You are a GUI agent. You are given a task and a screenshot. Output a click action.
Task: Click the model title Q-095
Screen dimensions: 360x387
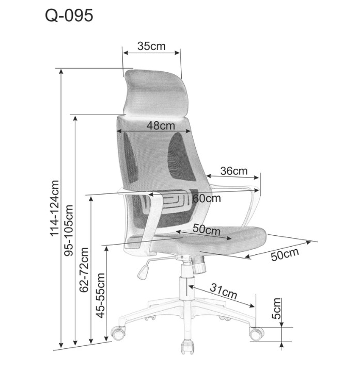click(69, 15)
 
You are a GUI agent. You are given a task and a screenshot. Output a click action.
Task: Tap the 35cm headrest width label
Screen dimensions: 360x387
click(151, 46)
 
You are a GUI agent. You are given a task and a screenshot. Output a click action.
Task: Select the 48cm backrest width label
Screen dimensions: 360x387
click(161, 125)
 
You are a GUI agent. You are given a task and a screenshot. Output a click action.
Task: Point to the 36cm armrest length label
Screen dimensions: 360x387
click(233, 171)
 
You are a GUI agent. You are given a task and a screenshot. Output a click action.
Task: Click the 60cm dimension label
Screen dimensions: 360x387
click(207, 198)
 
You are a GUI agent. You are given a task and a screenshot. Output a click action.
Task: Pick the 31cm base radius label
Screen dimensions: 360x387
click(223, 291)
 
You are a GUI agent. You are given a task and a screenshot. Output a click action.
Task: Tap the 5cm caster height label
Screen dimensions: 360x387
click(276, 309)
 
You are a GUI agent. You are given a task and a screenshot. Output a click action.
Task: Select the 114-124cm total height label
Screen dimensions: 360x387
click(55, 208)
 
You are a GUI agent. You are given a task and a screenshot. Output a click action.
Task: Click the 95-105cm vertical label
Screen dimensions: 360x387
click(69, 230)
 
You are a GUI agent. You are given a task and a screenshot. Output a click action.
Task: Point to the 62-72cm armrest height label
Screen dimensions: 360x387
click(84, 270)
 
